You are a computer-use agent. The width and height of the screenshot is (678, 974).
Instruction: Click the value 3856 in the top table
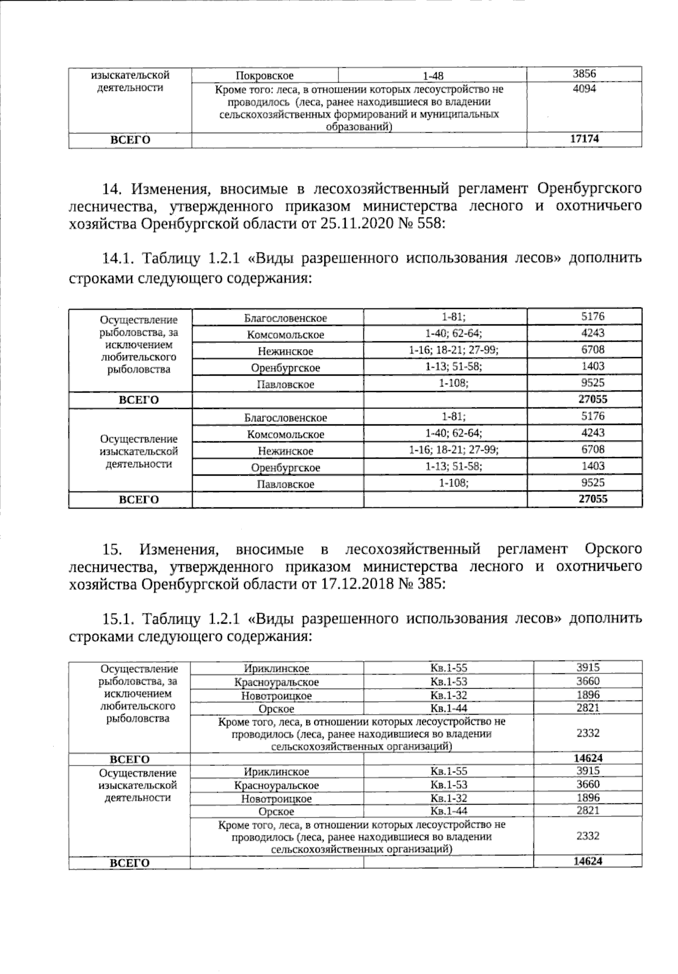pyautogui.click(x=584, y=74)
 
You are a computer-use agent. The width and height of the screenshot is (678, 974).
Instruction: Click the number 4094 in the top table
pyautogui.click(x=584, y=89)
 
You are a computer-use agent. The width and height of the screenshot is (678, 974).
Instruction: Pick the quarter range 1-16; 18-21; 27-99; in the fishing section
pyautogui.click(x=446, y=350)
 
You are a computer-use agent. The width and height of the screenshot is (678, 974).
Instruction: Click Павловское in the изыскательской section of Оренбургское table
pyautogui.click(x=285, y=484)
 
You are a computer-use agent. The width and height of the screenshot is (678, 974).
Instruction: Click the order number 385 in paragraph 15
pyautogui.click(x=432, y=584)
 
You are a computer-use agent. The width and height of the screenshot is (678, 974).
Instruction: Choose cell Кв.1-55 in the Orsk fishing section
pyautogui.click(x=449, y=668)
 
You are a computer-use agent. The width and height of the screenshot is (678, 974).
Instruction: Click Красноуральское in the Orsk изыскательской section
pyautogui.click(x=277, y=785)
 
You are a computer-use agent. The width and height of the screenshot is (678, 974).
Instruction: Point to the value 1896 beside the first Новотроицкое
pyautogui.click(x=588, y=695)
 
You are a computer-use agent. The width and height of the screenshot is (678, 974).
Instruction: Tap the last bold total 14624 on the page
pyautogui.click(x=588, y=862)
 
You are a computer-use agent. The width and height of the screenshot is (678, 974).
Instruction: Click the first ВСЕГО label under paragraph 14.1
pyautogui.click(x=138, y=400)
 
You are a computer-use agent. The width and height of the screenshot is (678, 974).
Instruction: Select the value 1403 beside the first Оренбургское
pyautogui.click(x=593, y=367)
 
